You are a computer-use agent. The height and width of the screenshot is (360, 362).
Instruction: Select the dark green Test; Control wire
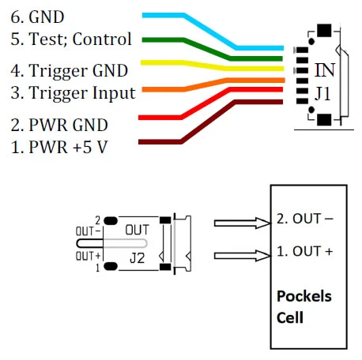[207, 49]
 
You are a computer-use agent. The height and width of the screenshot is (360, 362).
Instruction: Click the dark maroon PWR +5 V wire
[207, 121]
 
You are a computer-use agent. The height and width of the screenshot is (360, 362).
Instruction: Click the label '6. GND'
[37, 17]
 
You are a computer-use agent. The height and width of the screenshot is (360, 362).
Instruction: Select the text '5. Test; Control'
[71, 39]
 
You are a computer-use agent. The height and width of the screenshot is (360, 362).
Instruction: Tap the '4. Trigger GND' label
[70, 71]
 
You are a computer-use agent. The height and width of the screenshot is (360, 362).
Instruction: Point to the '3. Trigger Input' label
[73, 93]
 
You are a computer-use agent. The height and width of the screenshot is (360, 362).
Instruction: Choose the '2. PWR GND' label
[59, 125]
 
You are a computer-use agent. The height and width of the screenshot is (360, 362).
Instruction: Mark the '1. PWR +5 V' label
[59, 147]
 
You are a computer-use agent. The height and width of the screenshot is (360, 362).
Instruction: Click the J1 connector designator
[322, 93]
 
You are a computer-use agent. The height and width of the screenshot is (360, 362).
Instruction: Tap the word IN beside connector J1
[325, 70]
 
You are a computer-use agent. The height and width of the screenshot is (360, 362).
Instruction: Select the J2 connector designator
[137, 258]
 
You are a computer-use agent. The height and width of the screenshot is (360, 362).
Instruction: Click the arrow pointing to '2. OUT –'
[242, 223]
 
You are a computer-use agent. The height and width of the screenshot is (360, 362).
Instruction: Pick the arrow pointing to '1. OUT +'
[242, 256]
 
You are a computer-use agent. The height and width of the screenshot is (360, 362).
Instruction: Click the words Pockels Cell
[304, 307]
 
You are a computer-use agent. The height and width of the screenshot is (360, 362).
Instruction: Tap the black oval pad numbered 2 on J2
[111, 220]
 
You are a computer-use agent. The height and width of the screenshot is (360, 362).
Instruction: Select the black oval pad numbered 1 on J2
[111, 266]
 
